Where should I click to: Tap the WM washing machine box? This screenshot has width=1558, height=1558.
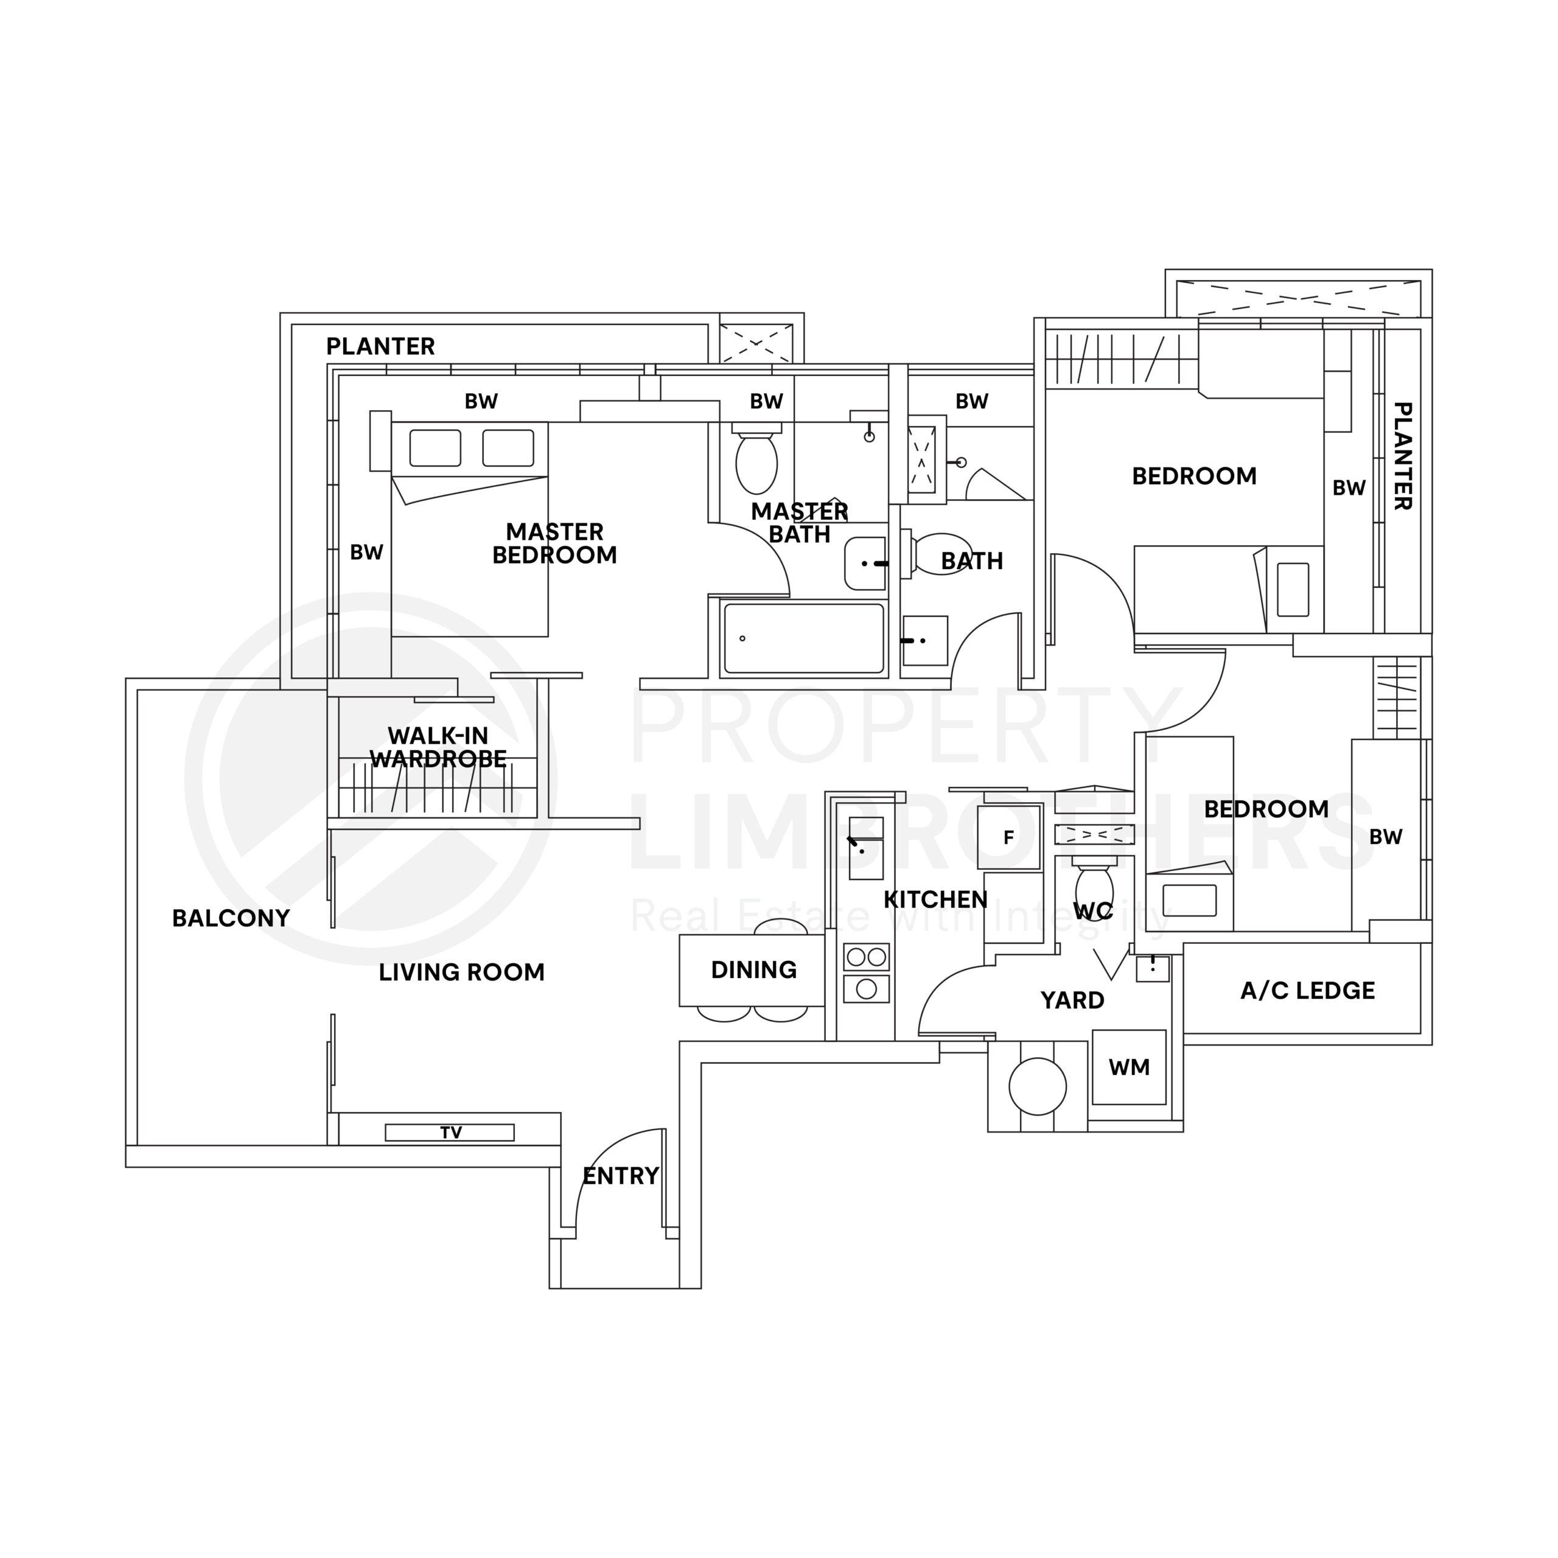coord(1128,1067)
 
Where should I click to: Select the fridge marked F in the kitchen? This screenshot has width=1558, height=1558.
coord(1008,837)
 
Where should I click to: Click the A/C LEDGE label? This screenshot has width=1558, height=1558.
coord(1307,990)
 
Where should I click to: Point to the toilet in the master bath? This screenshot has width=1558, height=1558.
coord(756,463)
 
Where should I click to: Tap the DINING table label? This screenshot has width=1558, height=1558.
coord(753,969)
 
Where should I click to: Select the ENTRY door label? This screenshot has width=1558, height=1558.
coord(620,1176)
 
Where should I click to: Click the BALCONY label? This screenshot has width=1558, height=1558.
coord(231,918)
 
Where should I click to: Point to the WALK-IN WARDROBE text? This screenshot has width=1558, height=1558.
coord(438,747)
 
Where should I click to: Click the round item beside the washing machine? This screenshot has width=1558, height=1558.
coord(1037,1086)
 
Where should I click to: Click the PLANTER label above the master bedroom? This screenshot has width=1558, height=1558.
coord(380,346)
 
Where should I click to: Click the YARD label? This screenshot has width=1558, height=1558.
coord(1072,1000)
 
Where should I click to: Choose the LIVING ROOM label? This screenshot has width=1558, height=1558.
coord(461,972)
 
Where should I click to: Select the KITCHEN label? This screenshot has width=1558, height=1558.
coord(935,899)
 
